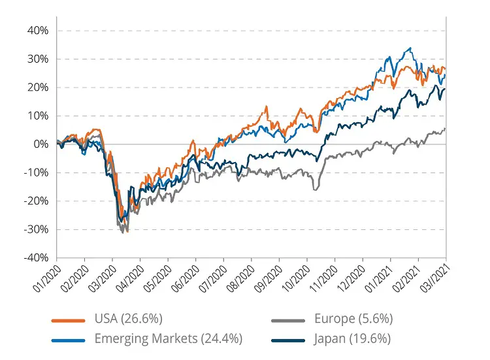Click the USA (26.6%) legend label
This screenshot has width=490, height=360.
pos(127,319)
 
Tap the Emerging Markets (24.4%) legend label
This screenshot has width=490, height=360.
pos(169,338)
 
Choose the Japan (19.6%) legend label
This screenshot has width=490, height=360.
pos(353,338)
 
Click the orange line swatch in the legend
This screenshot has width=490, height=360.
pos(68,320)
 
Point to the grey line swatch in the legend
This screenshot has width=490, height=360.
pos(288,320)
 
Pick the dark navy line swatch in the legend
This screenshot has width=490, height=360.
pos(288,339)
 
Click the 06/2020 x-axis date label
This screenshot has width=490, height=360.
pos(185,278)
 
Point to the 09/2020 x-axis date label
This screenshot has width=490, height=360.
pos(269,278)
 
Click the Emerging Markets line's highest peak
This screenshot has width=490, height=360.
pos(410,48)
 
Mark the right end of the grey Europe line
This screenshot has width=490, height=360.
pos(446,128)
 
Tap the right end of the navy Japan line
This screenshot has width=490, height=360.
pos(446,90)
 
